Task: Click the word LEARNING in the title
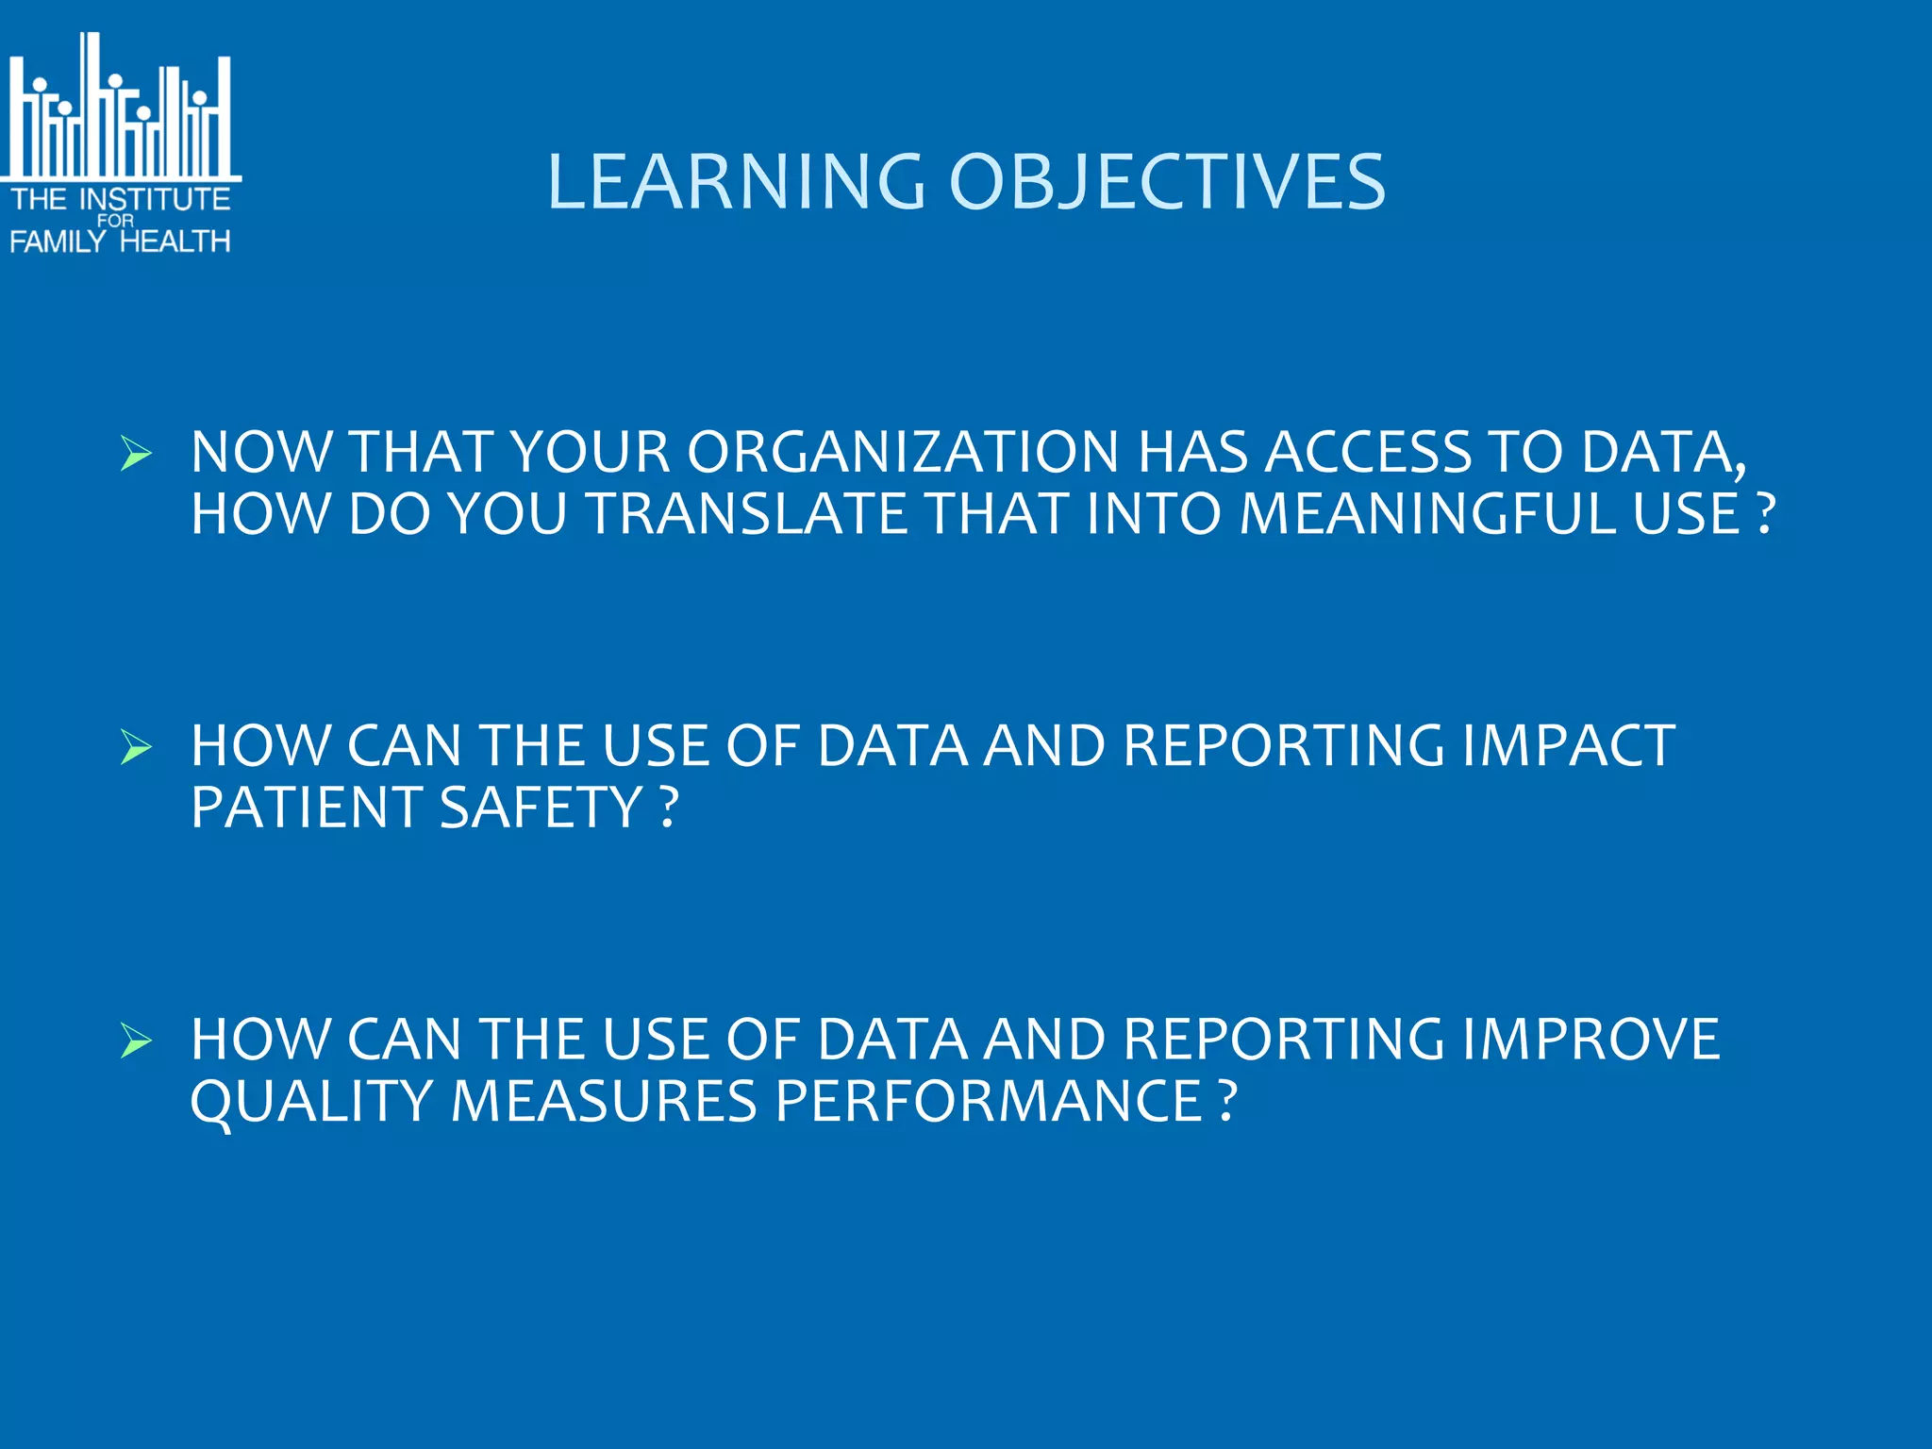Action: click(736, 181)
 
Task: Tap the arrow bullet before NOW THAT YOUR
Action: click(137, 454)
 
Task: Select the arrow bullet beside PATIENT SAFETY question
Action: click(137, 747)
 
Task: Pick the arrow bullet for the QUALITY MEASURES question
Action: click(137, 1041)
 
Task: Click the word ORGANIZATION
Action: click(903, 452)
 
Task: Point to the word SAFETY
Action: click(541, 808)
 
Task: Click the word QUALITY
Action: click(311, 1101)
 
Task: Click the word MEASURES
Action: click(604, 1101)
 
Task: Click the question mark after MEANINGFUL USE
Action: click(1766, 514)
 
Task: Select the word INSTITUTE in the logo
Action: click(156, 199)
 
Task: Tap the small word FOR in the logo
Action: click(116, 221)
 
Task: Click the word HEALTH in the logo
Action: click(175, 241)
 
